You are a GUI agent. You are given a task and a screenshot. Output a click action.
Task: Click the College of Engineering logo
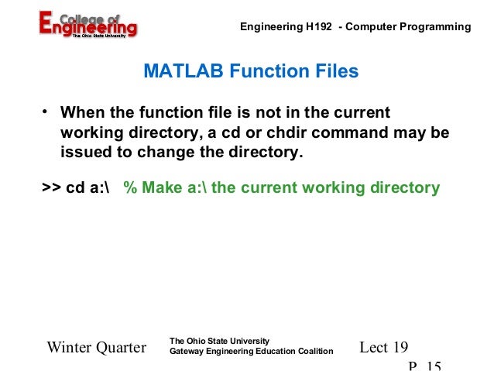pyautogui.click(x=87, y=25)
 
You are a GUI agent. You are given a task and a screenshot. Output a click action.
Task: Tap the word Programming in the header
pyautogui.click(x=437, y=27)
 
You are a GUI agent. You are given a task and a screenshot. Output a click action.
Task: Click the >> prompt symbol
pyautogui.click(x=50, y=188)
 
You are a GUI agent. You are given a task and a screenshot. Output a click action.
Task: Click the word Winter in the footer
pyautogui.click(x=70, y=348)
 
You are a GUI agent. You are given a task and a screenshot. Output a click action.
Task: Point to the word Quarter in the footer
pyautogui.click(x=121, y=348)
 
